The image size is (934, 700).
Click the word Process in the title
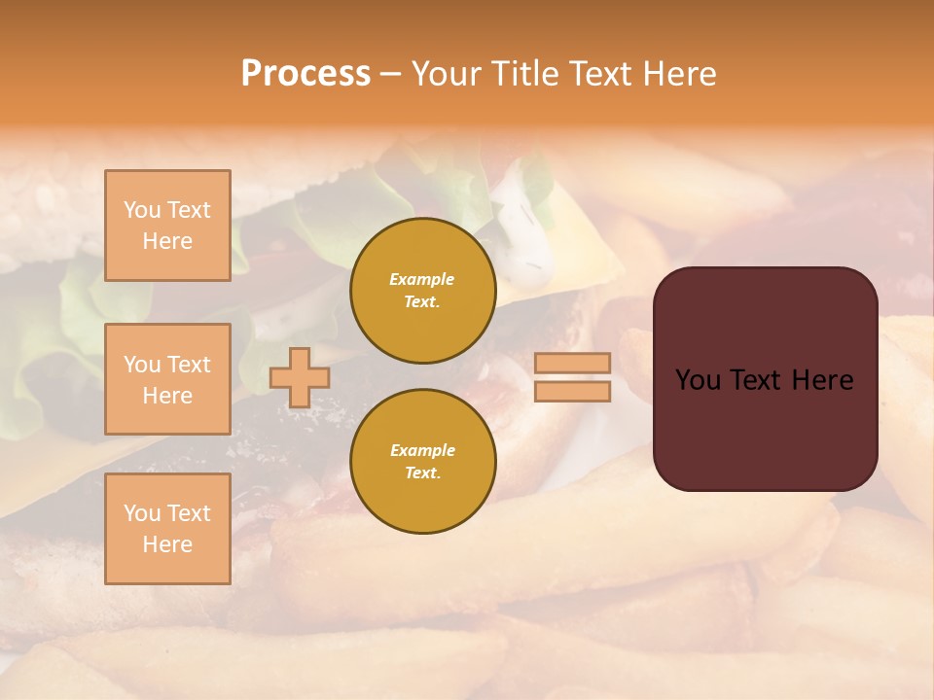[305, 74]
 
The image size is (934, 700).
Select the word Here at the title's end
[677, 74]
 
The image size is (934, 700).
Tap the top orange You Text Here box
[167, 226]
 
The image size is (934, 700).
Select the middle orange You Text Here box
[167, 379]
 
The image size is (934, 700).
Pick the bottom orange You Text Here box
[167, 529]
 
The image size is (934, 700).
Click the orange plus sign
[300, 377]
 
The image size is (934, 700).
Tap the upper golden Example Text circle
[422, 291]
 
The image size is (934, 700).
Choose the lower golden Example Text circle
[422, 462]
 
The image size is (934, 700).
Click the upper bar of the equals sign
[573, 363]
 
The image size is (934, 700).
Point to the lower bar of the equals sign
[573, 391]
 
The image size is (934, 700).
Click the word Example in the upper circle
[422, 279]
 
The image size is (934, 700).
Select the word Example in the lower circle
[422, 450]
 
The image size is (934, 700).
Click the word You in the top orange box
[142, 210]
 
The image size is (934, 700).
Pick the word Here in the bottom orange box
[167, 544]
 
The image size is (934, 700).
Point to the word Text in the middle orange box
[189, 365]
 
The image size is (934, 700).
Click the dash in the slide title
[390, 74]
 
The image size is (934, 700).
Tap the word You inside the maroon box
[699, 380]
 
